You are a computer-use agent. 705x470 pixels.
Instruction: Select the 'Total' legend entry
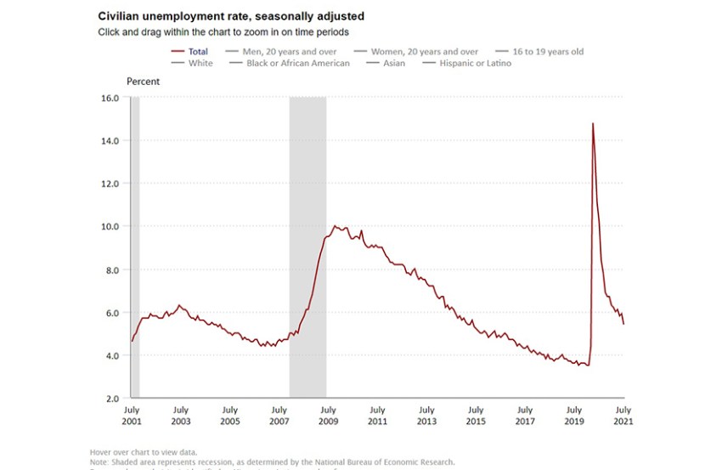198,52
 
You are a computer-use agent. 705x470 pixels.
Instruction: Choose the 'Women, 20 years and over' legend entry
425,52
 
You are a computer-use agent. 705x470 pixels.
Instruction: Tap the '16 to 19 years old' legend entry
548,52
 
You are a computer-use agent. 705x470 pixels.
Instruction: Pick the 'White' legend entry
201,63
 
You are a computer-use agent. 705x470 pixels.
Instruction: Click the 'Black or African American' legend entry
297,63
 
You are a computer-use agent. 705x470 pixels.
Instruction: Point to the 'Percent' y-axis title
143,82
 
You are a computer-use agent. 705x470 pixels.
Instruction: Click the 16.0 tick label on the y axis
110,98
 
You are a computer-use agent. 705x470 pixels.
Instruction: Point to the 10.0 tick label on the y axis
110,227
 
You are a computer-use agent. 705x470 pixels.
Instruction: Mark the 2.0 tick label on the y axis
110,399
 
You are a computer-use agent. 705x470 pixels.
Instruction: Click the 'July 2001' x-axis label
131,416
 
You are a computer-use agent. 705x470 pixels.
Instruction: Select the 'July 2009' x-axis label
328,416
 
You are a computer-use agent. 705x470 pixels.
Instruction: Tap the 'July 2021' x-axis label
623,416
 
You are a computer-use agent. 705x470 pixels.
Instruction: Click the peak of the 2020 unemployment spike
592,124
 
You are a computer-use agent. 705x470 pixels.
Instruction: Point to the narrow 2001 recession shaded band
135,246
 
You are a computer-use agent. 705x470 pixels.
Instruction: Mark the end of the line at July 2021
624,324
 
